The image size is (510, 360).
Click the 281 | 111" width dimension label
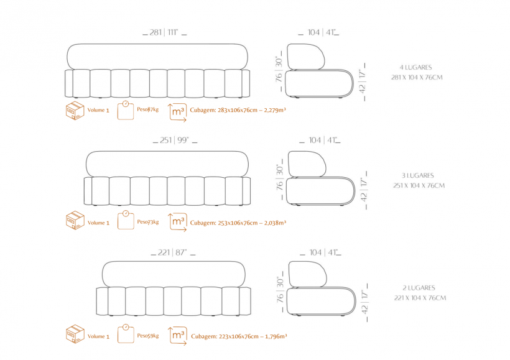coord(164,32)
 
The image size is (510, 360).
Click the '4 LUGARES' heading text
coord(416,67)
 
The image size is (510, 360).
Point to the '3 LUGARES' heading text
coord(418,176)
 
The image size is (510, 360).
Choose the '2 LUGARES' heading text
coord(419,288)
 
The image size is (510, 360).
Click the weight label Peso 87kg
coord(148,109)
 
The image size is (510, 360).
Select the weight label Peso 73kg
coord(148,222)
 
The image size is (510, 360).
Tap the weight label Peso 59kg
coord(148,336)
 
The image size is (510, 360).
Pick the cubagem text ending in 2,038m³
coord(238,222)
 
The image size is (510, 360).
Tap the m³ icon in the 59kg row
coord(178,336)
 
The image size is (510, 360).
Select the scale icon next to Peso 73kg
coord(126,221)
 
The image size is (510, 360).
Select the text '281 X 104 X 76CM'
coord(417,78)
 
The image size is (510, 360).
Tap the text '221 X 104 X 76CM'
coord(419,298)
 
